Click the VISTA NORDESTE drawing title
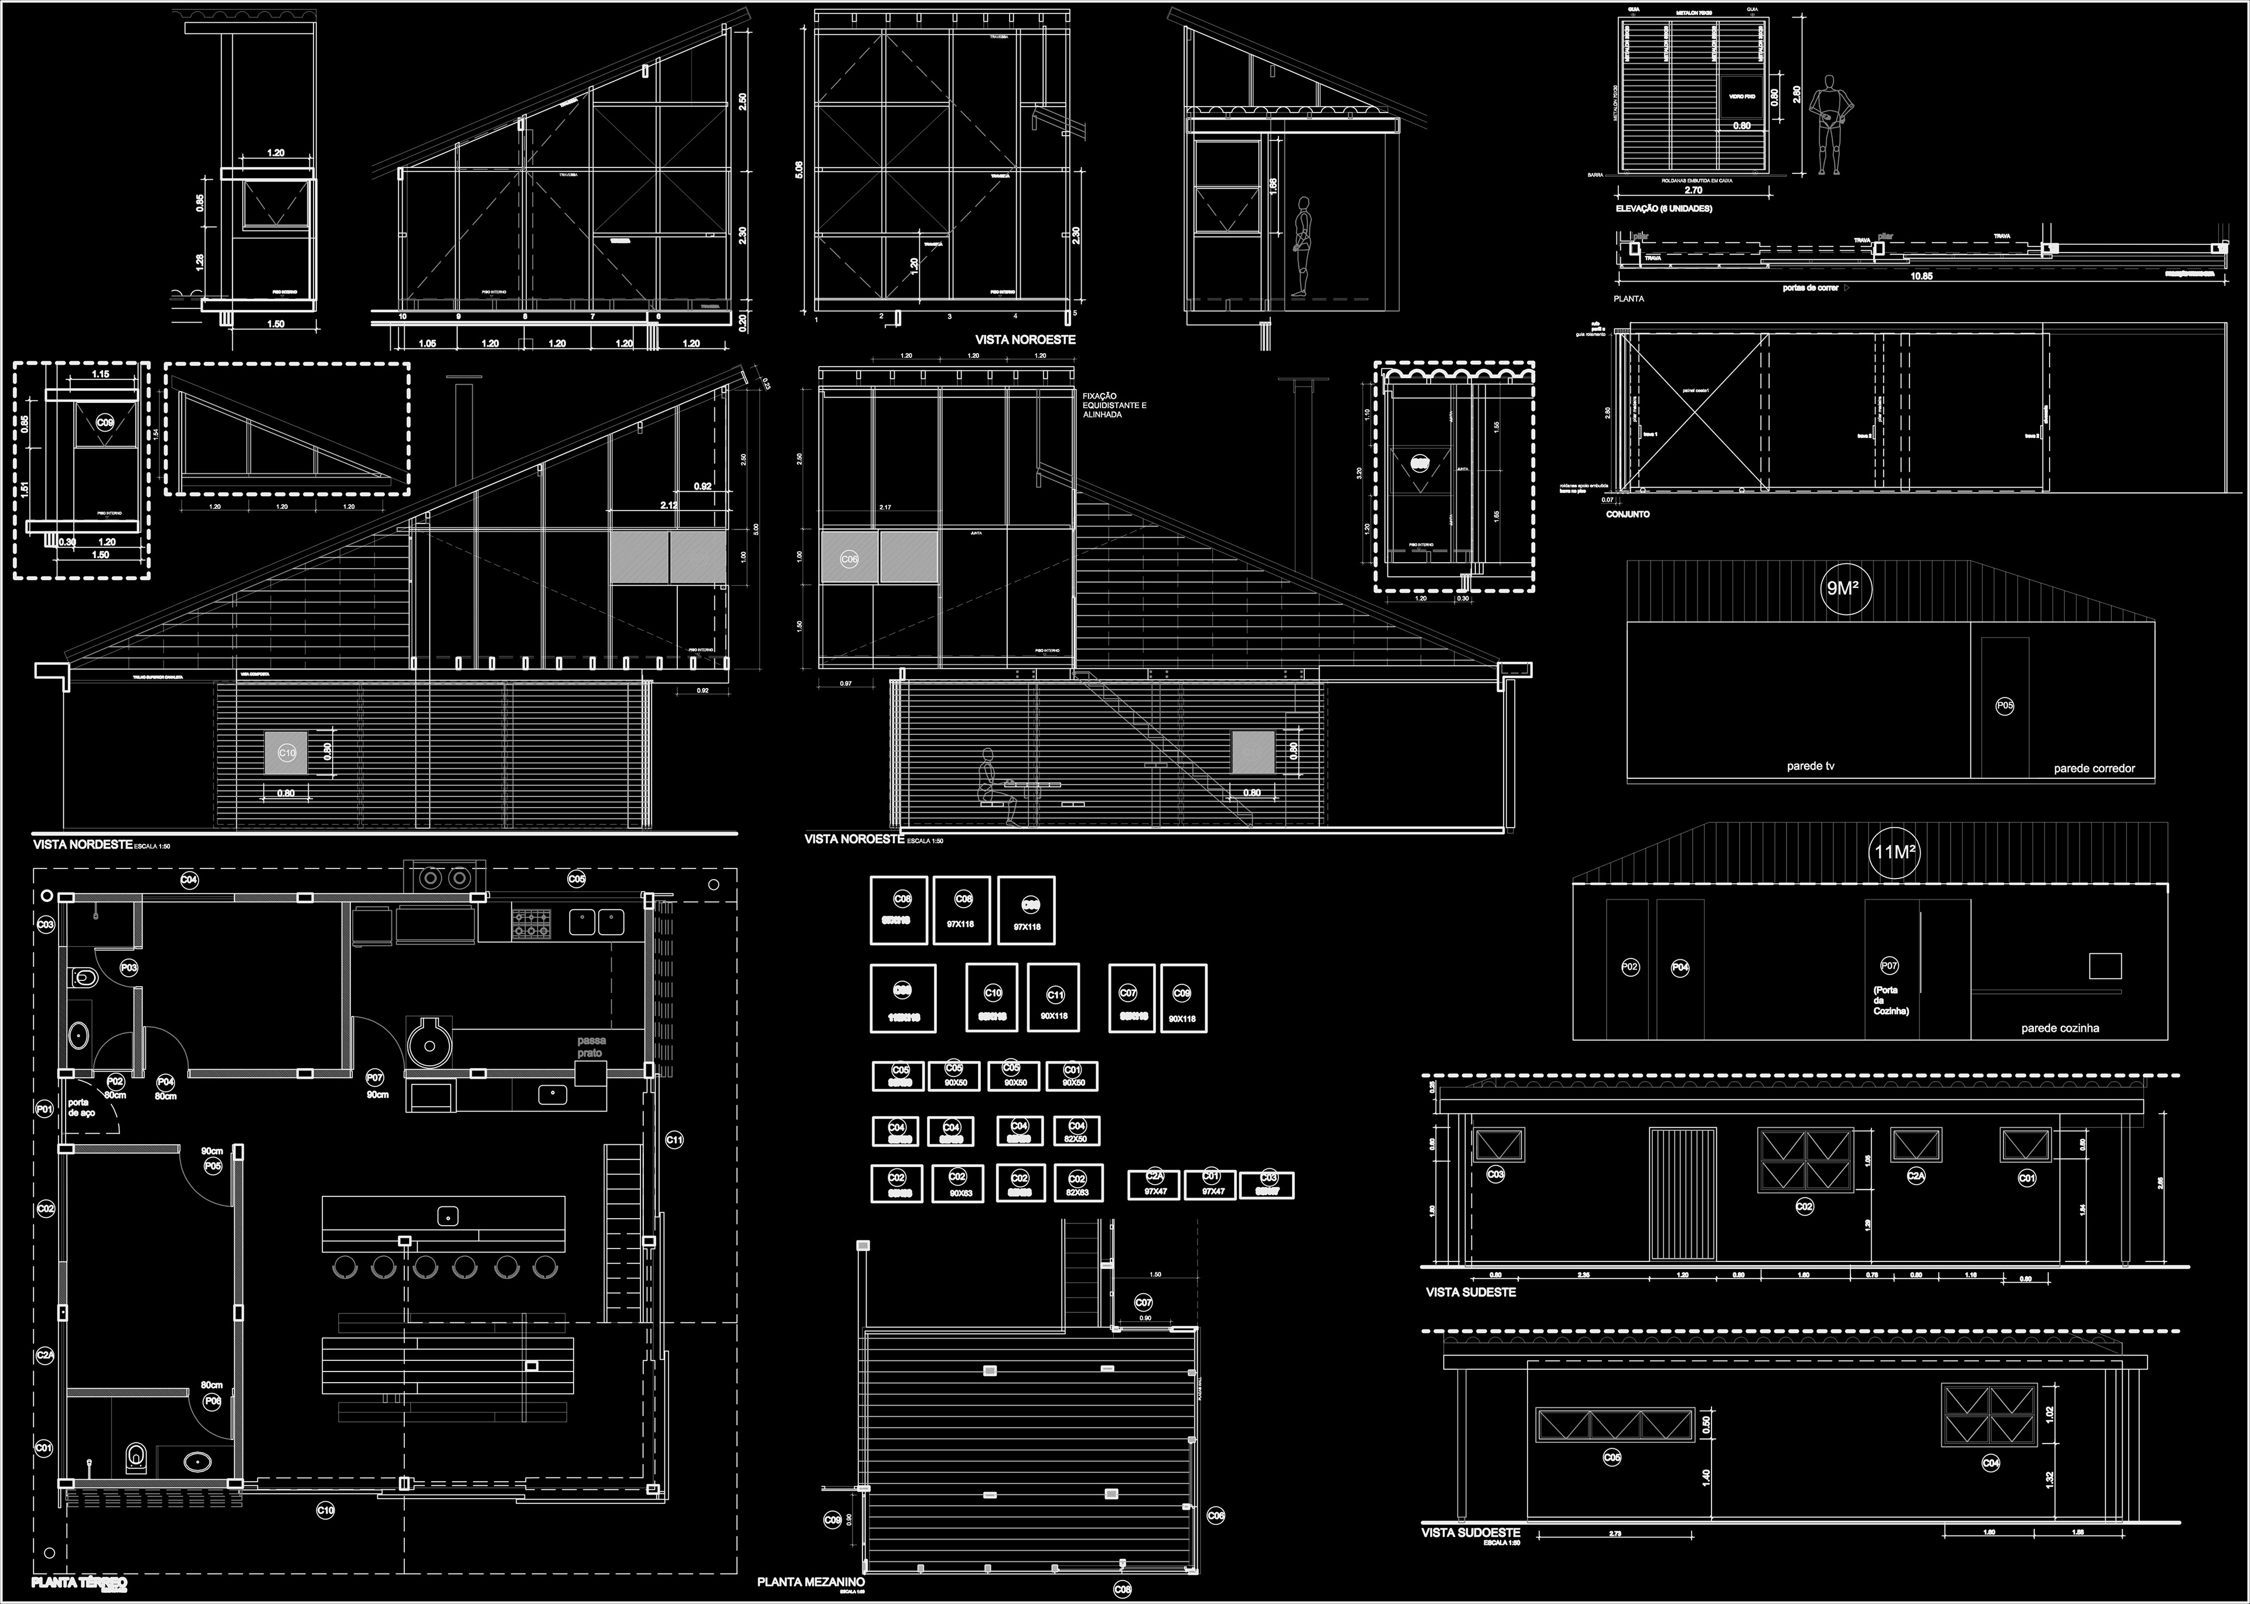(x=83, y=844)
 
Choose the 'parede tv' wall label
(x=1811, y=765)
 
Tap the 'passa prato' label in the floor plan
(x=592, y=1047)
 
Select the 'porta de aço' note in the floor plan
(x=81, y=1107)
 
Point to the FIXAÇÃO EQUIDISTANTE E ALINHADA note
(x=1114, y=405)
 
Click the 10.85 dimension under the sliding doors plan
(x=1920, y=276)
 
